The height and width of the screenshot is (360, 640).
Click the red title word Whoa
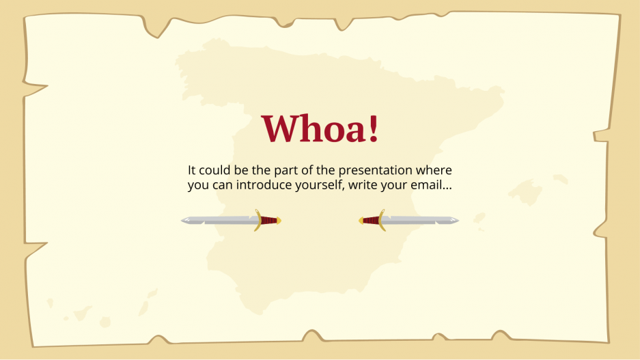(319, 128)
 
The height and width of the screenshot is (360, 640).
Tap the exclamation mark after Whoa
(372, 128)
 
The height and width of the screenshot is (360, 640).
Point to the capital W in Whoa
(278, 128)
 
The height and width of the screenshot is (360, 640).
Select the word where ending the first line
(434, 170)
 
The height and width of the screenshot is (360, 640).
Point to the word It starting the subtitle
(192, 170)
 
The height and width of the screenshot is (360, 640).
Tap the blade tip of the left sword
(183, 220)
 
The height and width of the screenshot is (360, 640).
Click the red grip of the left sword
(269, 220)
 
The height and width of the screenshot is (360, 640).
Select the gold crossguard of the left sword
(258, 220)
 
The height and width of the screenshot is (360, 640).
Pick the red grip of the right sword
(370, 220)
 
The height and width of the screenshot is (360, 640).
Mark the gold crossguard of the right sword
(381, 220)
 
